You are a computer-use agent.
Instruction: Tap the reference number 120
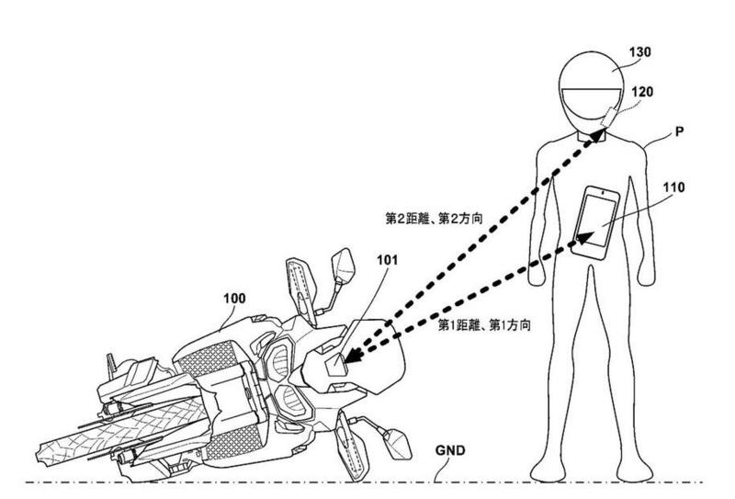pyautogui.click(x=641, y=92)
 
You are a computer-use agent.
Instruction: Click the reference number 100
pyautogui.click(x=234, y=300)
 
